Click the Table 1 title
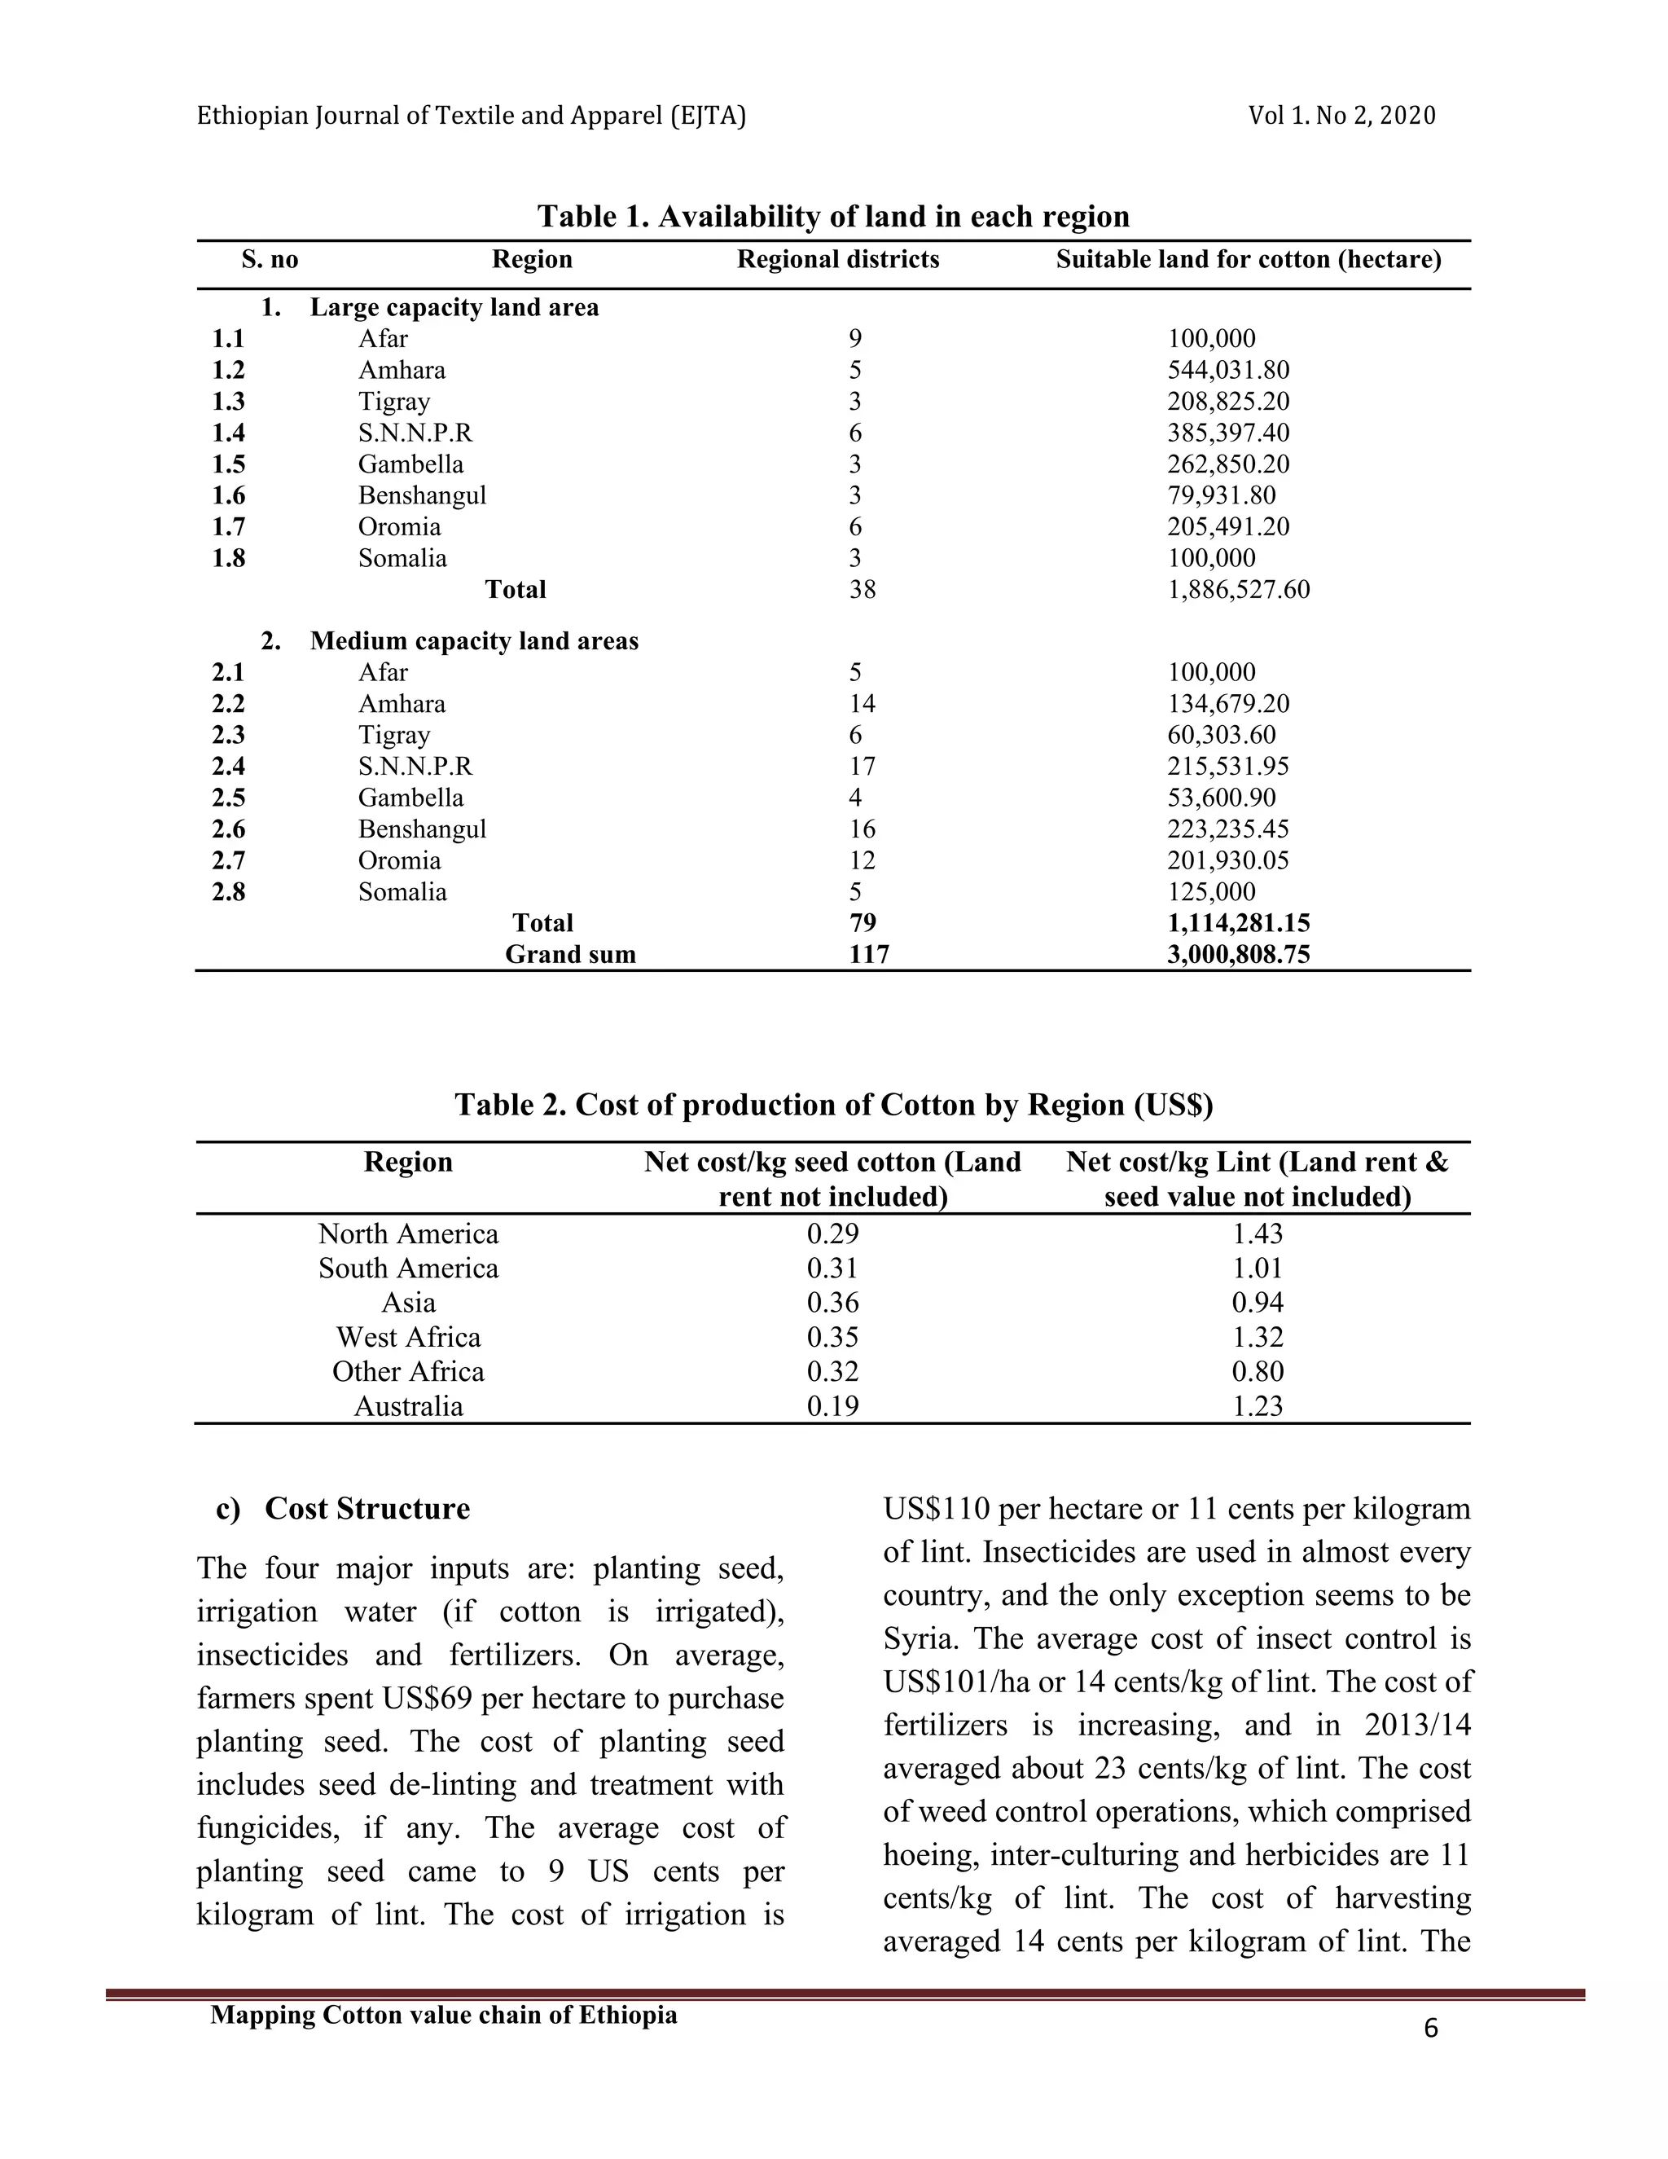[833, 217]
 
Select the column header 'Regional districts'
[838, 260]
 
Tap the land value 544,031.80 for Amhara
[1228, 371]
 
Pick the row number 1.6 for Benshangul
[228, 495]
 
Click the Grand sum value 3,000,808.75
[1238, 955]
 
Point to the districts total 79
[863, 923]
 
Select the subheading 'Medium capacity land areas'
[474, 641]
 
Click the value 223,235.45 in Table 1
[1228, 829]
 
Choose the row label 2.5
[228, 798]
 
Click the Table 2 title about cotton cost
[833, 1104]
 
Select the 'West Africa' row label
[408, 1338]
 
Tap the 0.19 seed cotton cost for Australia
[833, 1407]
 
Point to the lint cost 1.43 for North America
[1257, 1234]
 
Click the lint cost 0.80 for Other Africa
[1257, 1372]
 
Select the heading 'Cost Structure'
[367, 1510]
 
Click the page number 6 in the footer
[1431, 2029]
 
